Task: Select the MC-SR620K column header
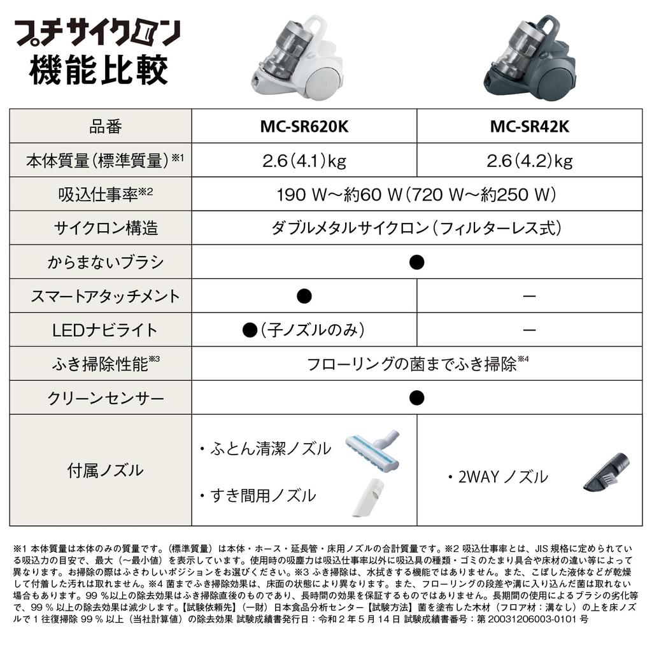(304, 126)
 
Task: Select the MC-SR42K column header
(529, 126)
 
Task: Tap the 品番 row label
(101, 126)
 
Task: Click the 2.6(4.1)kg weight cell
(304, 160)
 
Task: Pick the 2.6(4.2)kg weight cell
(529, 160)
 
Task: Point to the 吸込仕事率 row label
(101, 195)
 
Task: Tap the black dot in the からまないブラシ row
(416, 262)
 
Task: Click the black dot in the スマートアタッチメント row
(304, 296)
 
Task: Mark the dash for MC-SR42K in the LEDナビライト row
(529, 330)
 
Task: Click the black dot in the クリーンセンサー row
(416, 398)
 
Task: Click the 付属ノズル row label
(101, 471)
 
